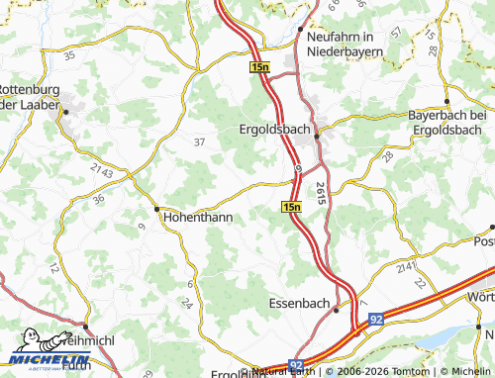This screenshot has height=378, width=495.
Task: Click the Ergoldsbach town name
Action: pyautogui.click(x=274, y=129)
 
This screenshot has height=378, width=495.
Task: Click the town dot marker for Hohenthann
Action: pyautogui.click(x=156, y=209)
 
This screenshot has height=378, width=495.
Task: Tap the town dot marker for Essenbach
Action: pyautogui.click(x=336, y=309)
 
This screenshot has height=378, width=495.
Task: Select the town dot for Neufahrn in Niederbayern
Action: pyautogui.click(x=300, y=30)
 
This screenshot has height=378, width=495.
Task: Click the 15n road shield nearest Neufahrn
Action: pyautogui.click(x=258, y=65)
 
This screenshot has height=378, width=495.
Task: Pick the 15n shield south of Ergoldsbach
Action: pyautogui.click(x=290, y=207)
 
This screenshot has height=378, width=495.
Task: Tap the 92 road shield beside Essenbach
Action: pyautogui.click(x=376, y=320)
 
